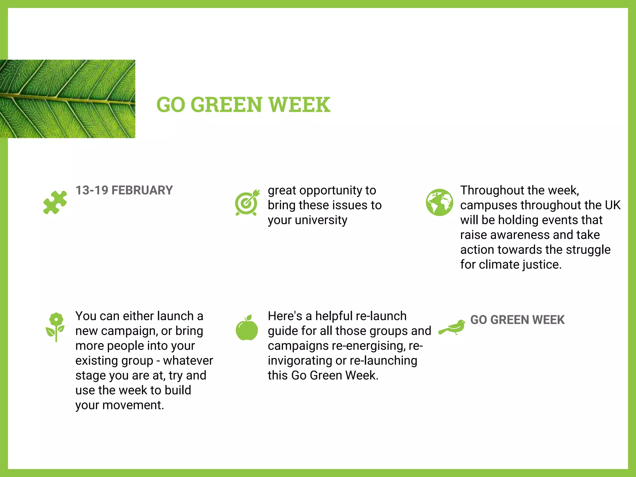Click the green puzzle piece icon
tap(55, 202)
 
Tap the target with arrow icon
tap(247, 202)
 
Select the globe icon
tap(439, 202)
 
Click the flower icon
tap(56, 327)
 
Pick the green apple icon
tap(247, 328)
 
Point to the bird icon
tap(453, 328)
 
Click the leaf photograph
tap(67, 99)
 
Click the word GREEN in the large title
tap(226, 105)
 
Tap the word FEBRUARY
tap(142, 190)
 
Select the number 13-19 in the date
tap(92, 190)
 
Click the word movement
tap(134, 405)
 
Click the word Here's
tap(285, 316)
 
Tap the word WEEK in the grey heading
tap(549, 320)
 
